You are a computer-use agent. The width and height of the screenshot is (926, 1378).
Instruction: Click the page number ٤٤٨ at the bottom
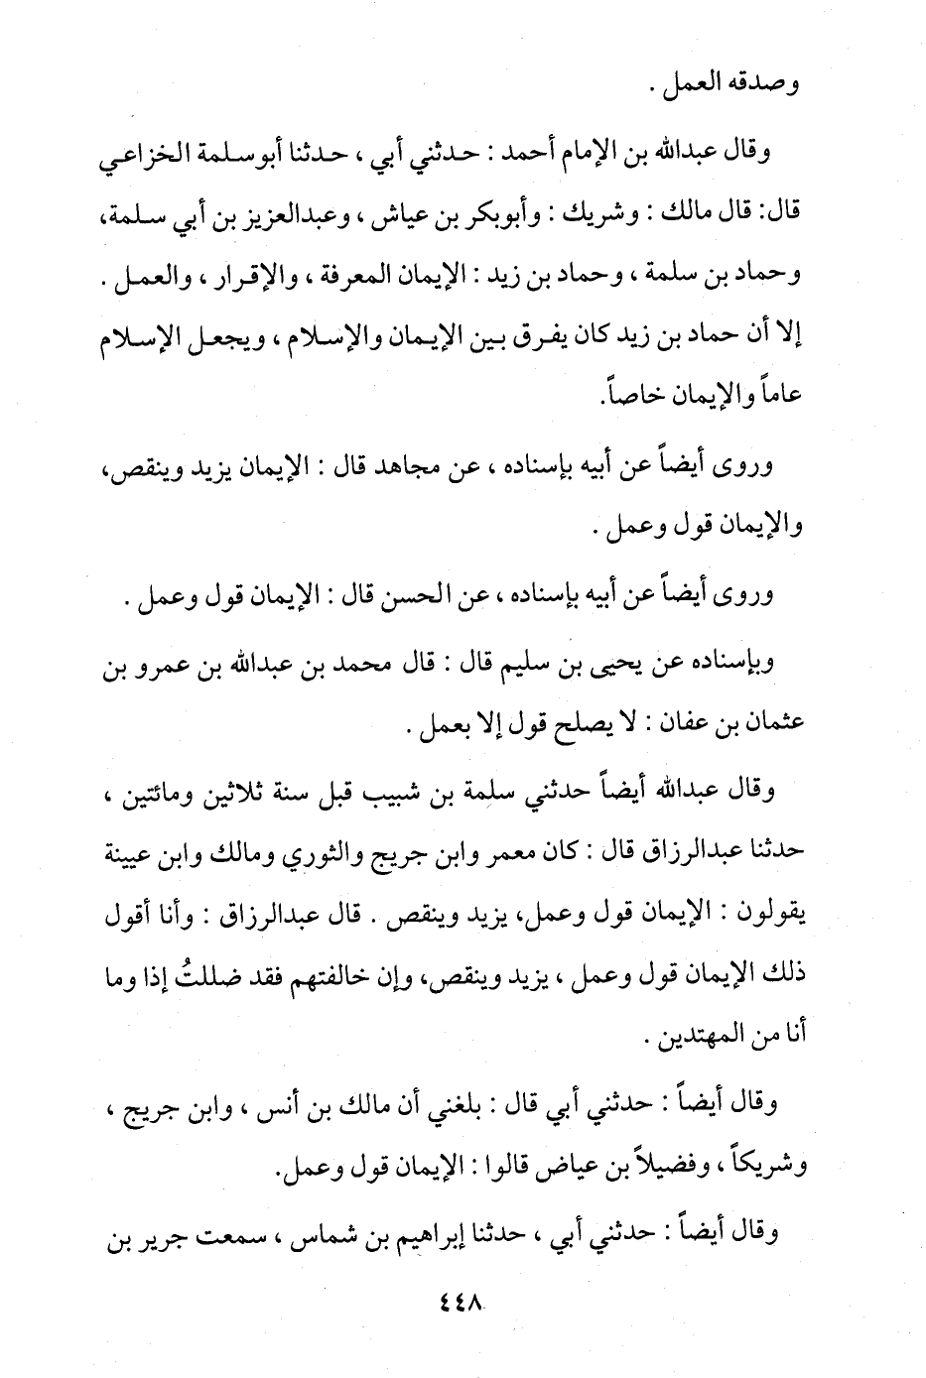click(460, 1298)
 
